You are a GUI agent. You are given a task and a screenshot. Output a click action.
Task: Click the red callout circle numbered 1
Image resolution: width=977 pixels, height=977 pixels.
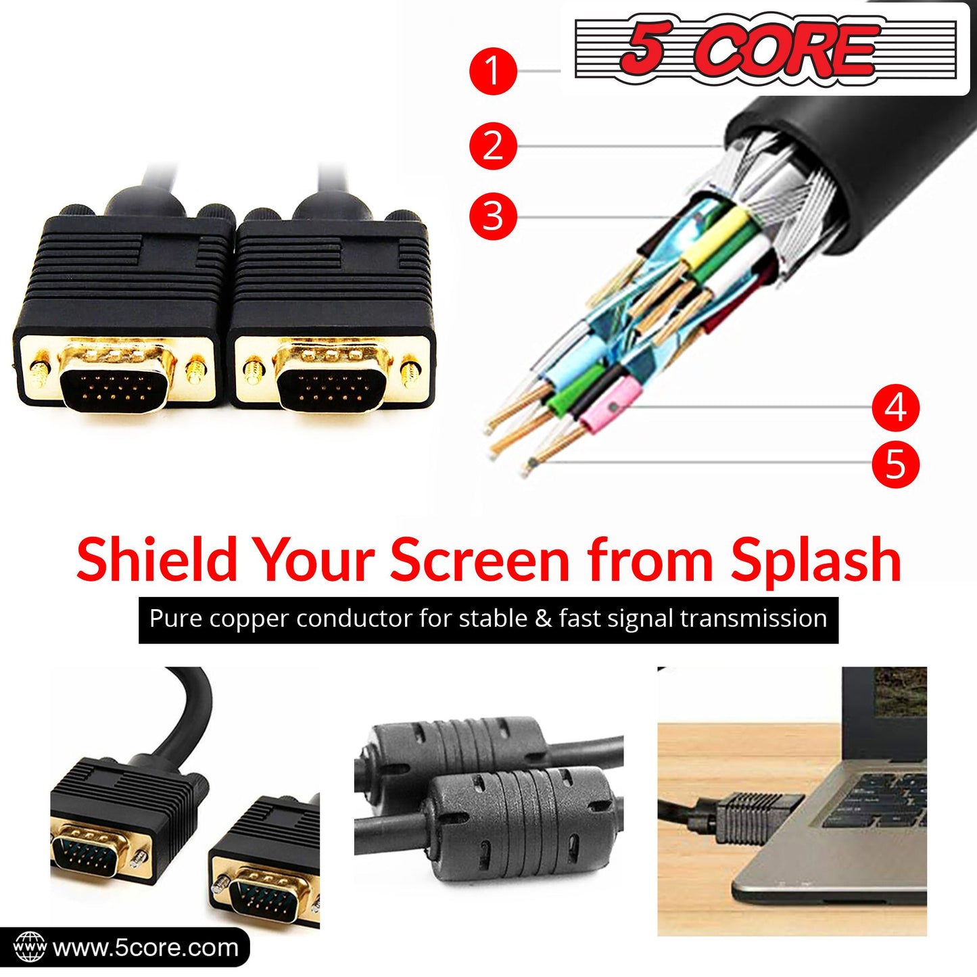[x=493, y=71]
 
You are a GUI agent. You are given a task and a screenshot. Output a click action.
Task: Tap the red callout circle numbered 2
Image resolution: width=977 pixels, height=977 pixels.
[x=493, y=146]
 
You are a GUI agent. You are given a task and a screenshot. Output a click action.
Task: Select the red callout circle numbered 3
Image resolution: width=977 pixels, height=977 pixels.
[x=493, y=216]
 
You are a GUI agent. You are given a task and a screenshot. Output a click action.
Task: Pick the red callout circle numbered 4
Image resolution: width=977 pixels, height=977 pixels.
[x=895, y=407]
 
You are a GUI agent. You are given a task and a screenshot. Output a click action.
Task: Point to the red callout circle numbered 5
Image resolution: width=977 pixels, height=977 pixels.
[x=895, y=464]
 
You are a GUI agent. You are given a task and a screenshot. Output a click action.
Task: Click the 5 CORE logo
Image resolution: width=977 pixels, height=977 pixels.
[x=765, y=49]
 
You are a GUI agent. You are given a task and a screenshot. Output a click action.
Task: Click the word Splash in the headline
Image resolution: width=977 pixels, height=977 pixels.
[x=816, y=561]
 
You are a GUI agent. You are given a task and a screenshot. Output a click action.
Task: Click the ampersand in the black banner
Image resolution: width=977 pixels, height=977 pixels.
[x=542, y=619]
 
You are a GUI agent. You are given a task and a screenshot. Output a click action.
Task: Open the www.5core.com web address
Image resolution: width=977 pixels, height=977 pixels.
[x=145, y=947]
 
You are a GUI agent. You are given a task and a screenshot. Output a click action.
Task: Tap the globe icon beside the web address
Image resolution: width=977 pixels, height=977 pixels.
[x=29, y=947]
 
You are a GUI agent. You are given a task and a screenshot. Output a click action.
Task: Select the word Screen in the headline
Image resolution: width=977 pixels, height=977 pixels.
[x=479, y=561]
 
